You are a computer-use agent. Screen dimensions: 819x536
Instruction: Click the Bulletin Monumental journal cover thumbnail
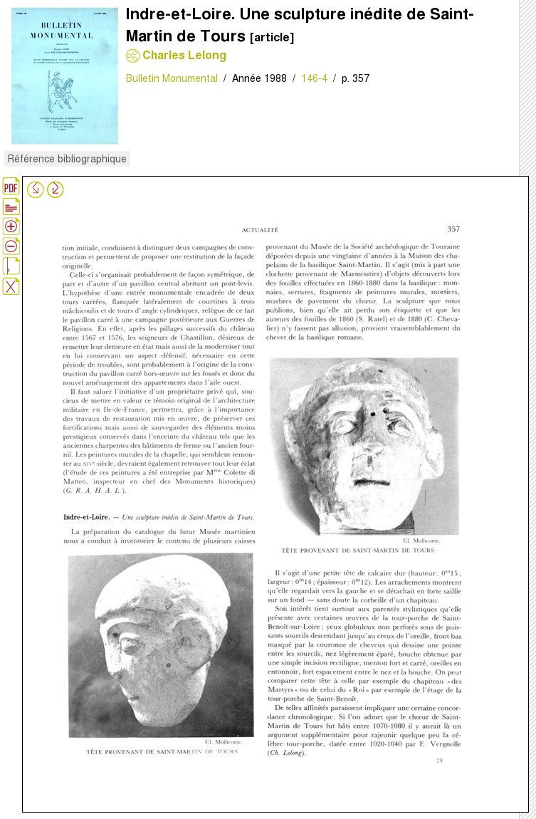64,76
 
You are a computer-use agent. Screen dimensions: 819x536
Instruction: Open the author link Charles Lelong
184,56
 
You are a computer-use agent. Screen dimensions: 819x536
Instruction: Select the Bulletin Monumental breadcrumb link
172,78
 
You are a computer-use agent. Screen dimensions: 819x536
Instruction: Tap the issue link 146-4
314,78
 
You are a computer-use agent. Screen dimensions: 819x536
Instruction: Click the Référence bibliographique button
67,159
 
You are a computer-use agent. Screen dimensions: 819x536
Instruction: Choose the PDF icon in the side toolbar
11,187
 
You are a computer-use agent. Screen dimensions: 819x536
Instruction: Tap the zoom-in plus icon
11,226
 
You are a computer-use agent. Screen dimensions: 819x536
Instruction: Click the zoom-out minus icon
11,246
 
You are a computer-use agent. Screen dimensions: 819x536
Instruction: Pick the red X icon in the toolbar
11,286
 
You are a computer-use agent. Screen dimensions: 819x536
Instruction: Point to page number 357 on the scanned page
453,229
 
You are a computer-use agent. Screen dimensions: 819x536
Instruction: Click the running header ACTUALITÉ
260,230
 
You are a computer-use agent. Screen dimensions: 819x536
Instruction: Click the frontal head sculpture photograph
364,446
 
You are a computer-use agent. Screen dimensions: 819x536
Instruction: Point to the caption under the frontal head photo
357,551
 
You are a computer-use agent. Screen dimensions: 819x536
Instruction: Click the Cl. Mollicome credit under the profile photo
224,742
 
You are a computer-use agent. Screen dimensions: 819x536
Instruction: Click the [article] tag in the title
272,38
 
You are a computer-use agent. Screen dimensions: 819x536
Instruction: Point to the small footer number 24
439,761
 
